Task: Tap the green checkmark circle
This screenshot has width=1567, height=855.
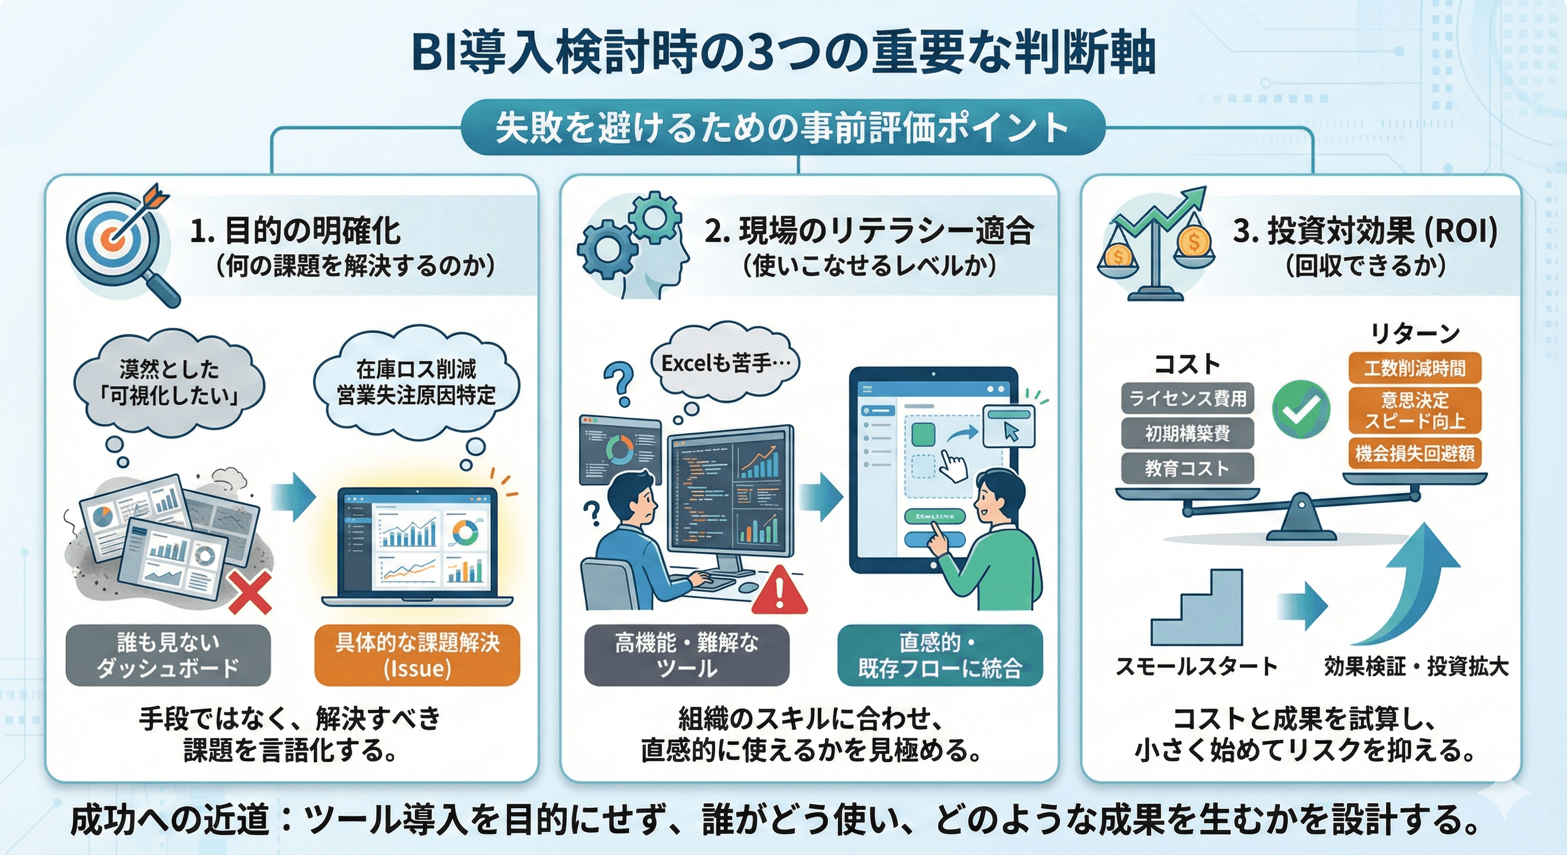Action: click(x=1301, y=410)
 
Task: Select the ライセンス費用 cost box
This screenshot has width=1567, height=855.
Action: click(x=1187, y=398)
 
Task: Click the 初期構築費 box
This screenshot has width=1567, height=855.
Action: click(x=1187, y=433)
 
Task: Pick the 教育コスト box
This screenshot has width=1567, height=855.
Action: click(x=1187, y=468)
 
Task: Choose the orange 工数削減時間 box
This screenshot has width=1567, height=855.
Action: click(x=1415, y=368)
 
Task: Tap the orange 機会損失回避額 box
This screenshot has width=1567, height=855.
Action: click(x=1415, y=453)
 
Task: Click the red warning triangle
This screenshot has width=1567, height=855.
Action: click(x=779, y=590)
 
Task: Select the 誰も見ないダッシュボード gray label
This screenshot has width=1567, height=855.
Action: click(x=168, y=655)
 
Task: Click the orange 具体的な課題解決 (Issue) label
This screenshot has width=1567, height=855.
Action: click(x=417, y=655)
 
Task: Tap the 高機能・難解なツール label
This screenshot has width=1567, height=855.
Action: click(x=687, y=655)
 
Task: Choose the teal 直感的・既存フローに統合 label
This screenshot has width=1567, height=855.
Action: click(x=940, y=655)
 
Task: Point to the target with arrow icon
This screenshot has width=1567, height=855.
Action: click(x=119, y=234)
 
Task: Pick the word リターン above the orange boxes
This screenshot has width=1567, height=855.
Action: click(x=1415, y=333)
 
